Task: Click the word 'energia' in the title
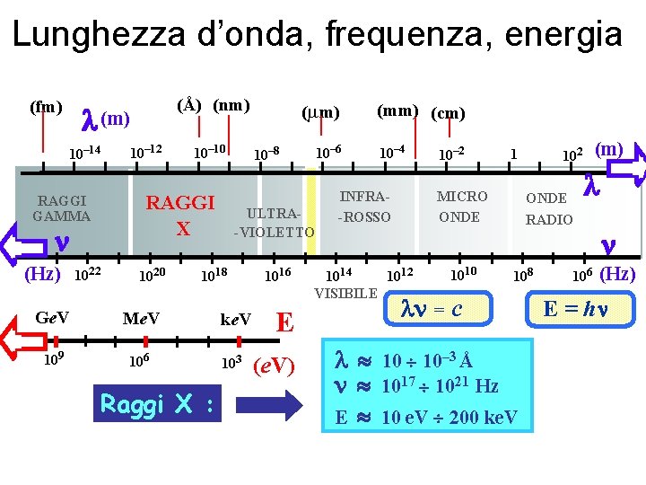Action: pos(564,35)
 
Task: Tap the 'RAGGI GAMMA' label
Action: pos(61,208)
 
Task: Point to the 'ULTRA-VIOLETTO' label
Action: pos(274,224)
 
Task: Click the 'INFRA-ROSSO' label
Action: pos(364,207)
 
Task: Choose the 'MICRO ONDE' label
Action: pos(461,207)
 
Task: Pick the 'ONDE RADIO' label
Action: pos(547,208)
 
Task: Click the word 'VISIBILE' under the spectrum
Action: pos(345,293)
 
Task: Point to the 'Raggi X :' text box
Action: pos(158,404)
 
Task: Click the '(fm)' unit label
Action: pos(46,108)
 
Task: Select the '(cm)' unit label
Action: pos(448,113)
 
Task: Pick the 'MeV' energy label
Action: pos(141,318)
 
